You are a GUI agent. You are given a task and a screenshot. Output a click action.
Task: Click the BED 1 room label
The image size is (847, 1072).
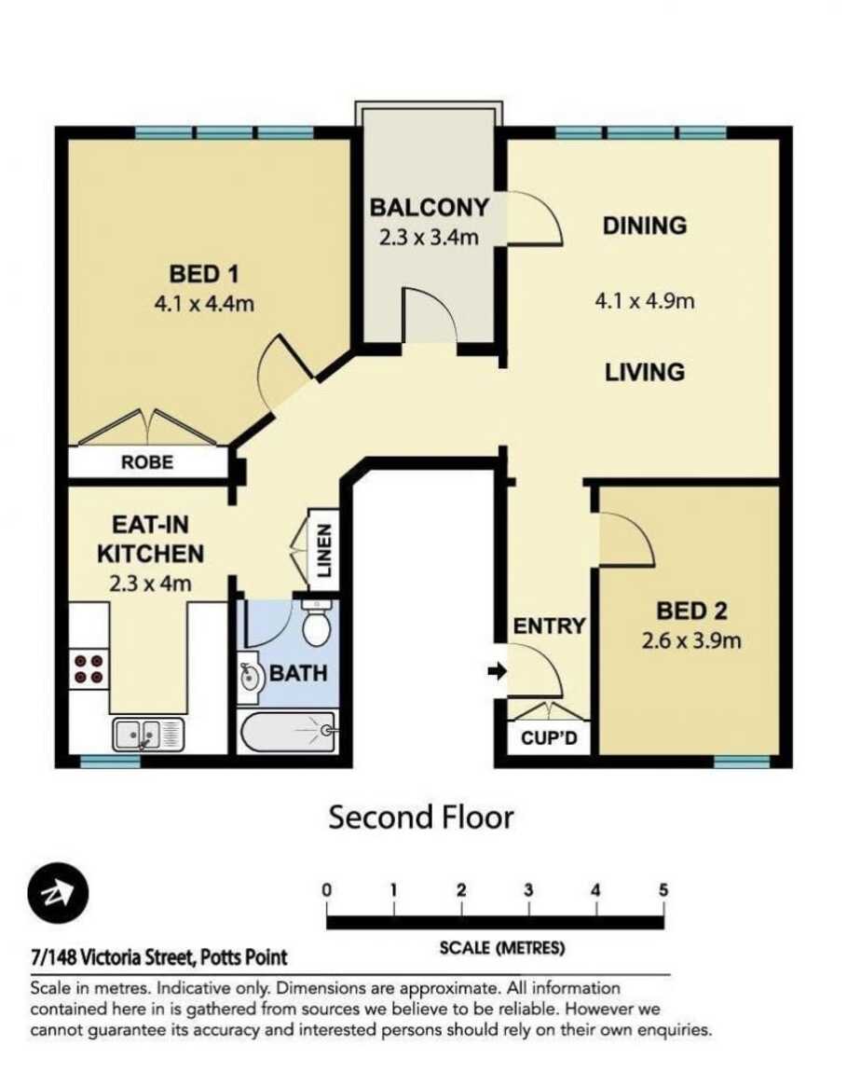click(x=203, y=274)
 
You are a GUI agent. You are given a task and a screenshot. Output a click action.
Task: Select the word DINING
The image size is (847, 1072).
click(x=644, y=226)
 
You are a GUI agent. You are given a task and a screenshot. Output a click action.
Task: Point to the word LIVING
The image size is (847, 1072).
click(x=644, y=372)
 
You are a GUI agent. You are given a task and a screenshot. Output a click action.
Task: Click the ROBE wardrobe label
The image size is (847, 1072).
click(x=147, y=462)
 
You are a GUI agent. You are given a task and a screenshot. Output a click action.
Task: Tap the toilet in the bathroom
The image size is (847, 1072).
click(x=317, y=624)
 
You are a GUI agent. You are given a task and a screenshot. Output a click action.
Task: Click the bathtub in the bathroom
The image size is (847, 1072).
click(x=288, y=732)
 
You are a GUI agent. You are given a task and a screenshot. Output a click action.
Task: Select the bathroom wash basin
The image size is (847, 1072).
click(x=249, y=677)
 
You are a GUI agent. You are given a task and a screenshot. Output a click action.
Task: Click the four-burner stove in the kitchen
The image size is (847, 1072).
click(x=89, y=669)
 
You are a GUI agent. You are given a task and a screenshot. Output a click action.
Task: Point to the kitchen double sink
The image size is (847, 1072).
click(x=148, y=735)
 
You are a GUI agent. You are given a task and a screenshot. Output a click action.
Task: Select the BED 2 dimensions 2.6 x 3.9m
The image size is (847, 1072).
click(x=691, y=641)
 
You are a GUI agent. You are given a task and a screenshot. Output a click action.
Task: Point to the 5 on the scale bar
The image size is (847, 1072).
click(x=663, y=889)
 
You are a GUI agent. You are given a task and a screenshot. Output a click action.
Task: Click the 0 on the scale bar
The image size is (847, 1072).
click(x=327, y=889)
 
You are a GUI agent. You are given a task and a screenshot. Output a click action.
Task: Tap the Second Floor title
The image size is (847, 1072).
click(x=421, y=818)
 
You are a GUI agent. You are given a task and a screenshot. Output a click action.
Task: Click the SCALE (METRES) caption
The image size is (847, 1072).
click(x=502, y=949)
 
